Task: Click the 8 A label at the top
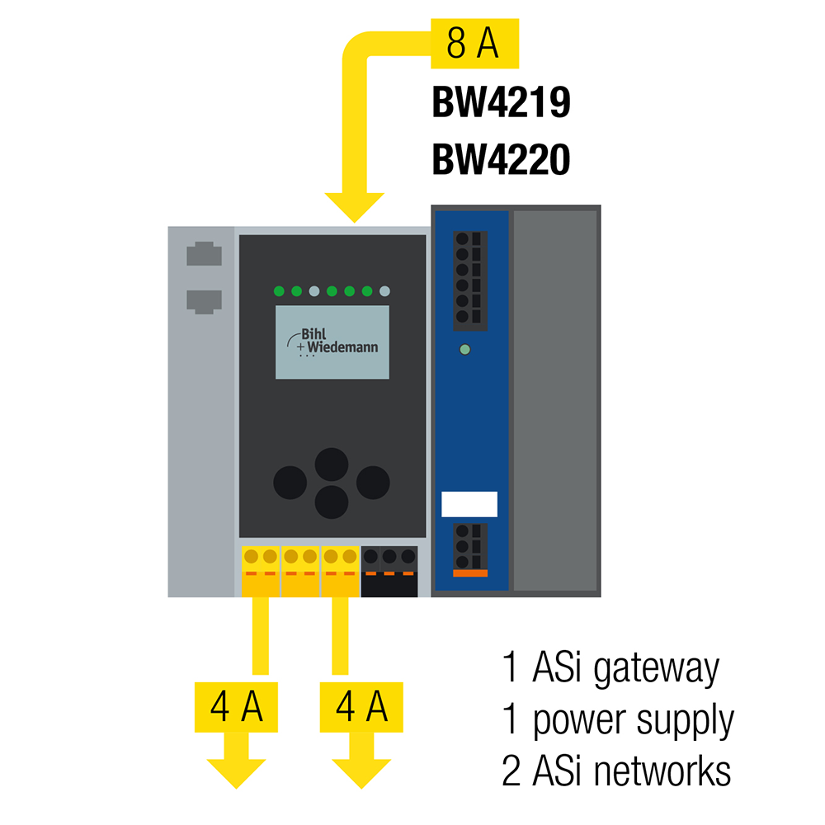click(474, 44)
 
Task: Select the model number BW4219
click(501, 105)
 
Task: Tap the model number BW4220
click(501, 160)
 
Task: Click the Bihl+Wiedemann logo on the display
click(332, 342)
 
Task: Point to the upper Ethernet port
click(204, 254)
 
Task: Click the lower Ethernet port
click(204, 300)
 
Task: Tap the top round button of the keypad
click(332, 464)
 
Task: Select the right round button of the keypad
click(372, 482)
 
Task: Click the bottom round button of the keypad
click(332, 501)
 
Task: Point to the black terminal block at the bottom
click(389, 571)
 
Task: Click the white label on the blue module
click(469, 504)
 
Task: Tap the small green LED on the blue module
click(464, 350)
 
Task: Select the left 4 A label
click(235, 707)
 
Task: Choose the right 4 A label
click(361, 707)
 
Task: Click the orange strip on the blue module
click(470, 573)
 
